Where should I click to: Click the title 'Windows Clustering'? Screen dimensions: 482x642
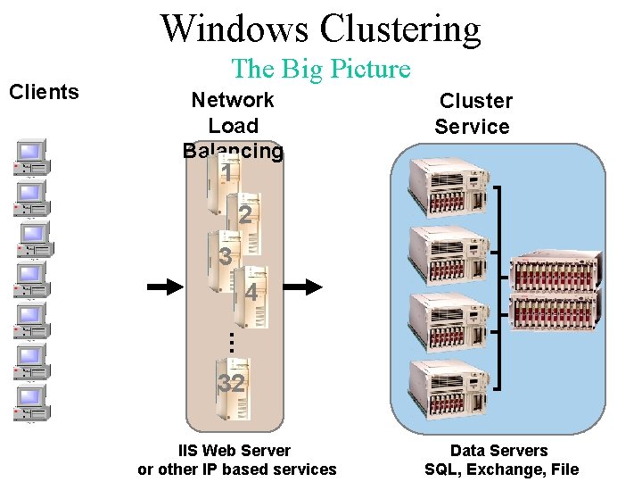point(320,29)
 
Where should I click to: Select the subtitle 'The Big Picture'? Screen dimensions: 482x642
point(320,69)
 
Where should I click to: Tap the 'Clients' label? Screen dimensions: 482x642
point(44,92)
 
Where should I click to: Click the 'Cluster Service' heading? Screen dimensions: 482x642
point(473,113)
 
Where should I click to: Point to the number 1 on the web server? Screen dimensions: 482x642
point(228,173)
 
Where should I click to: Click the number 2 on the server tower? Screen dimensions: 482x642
point(244,215)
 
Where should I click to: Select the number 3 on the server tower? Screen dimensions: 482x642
point(226,257)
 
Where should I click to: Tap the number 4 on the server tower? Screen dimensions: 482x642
point(251,293)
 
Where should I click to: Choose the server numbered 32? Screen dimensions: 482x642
point(231,386)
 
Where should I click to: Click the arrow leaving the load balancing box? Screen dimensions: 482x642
point(307,287)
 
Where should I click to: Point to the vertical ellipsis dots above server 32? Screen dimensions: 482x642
point(228,340)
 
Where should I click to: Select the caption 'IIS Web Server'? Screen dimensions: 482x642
point(236,451)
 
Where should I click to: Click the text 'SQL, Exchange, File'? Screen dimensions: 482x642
point(501,470)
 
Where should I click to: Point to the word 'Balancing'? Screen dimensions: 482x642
point(233,151)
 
